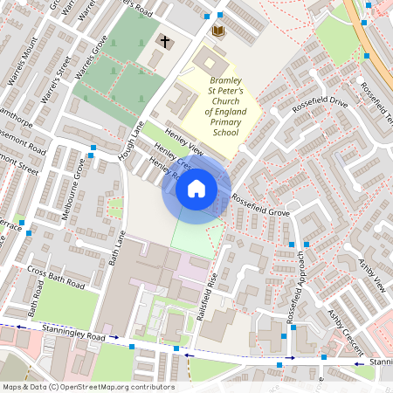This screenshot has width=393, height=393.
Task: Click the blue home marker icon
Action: point(196,188)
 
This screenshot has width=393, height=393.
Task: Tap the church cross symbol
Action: point(165,41)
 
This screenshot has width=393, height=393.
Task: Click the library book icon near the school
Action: point(218,31)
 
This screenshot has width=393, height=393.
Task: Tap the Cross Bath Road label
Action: point(56,277)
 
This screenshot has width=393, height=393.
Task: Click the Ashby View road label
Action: point(371,274)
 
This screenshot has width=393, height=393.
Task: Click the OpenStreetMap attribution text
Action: point(88,387)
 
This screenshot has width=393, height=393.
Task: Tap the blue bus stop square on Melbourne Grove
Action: point(92,156)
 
